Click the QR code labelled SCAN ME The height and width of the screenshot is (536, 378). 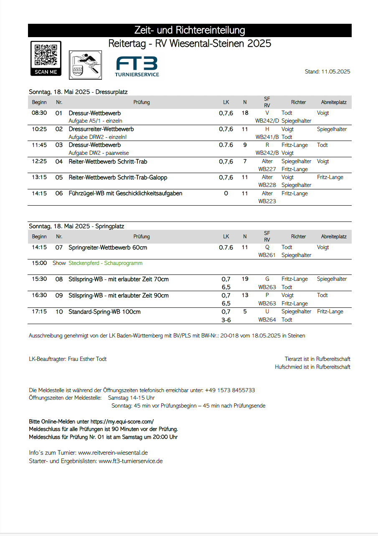point(46,58)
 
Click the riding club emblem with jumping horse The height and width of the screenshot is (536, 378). point(85,65)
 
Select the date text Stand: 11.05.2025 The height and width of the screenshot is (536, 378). point(327,72)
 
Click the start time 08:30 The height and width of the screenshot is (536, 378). point(39,113)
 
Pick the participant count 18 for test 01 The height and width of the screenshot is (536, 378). point(245,113)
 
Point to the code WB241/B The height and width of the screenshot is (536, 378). point(267,137)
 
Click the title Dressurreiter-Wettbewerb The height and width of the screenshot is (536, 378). point(101,129)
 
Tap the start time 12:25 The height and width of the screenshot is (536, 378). point(39,161)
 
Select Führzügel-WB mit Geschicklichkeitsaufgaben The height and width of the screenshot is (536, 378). point(125,194)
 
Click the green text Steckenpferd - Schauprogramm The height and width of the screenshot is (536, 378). point(106,263)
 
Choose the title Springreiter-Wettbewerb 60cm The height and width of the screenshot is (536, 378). point(108,247)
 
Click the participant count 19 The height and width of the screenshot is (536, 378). point(245,279)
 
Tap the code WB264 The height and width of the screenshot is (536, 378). point(267,320)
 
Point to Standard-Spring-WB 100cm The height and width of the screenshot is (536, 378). point(104,312)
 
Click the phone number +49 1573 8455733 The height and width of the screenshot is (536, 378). point(230,390)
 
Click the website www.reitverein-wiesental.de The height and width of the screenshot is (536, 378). point(113,453)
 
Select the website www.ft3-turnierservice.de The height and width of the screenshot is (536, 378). point(130,461)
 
